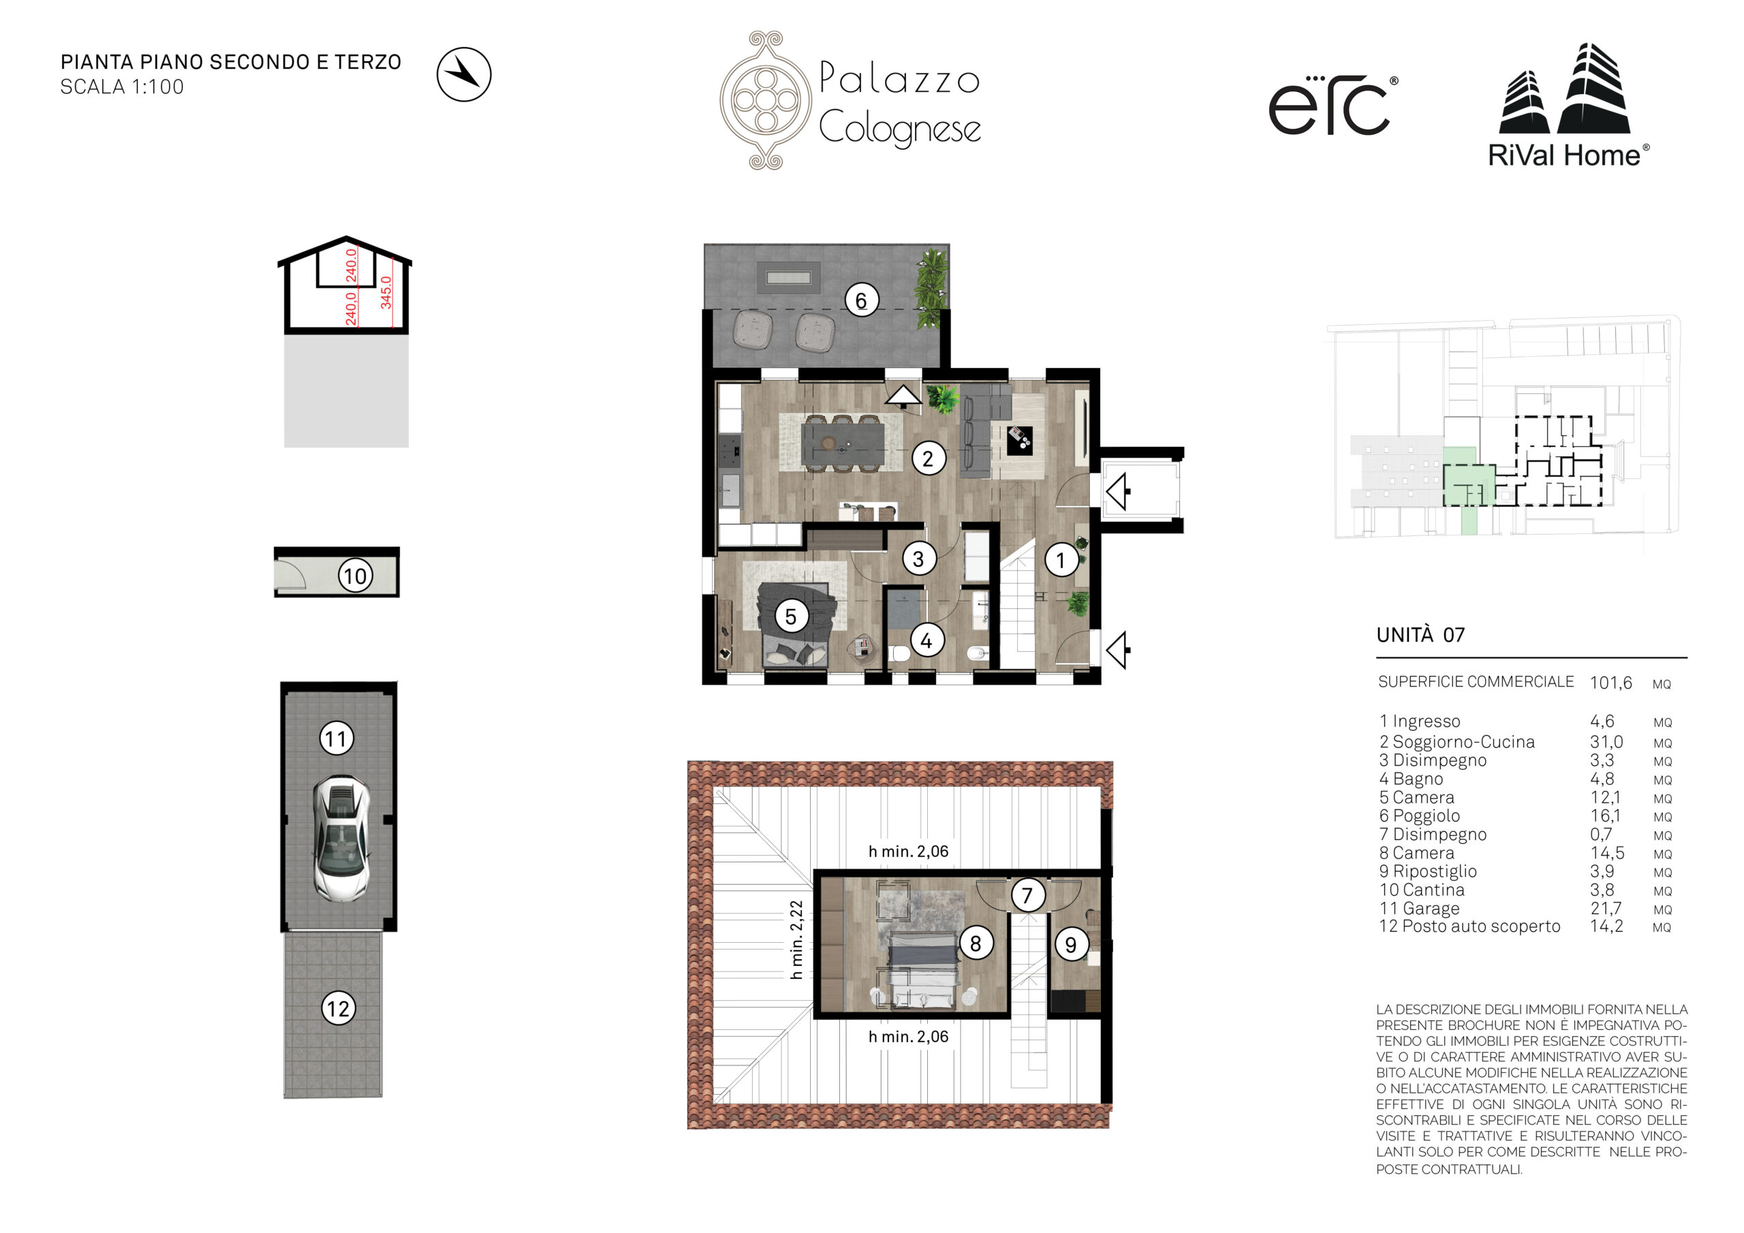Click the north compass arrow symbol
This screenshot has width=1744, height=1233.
(464, 74)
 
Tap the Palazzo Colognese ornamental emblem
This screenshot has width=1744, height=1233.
(766, 100)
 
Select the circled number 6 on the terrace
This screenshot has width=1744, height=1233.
(861, 301)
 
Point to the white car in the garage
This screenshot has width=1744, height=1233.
(343, 839)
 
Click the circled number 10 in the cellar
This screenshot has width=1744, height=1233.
(356, 576)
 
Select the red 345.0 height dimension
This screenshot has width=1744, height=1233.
(386, 292)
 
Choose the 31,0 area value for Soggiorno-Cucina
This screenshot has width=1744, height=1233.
(1606, 741)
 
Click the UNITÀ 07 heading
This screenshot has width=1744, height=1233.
(1420, 634)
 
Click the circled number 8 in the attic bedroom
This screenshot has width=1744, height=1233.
(976, 943)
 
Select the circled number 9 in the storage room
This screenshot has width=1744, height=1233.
(1071, 944)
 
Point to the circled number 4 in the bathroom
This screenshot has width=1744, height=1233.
(926, 640)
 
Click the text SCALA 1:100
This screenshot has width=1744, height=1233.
(123, 87)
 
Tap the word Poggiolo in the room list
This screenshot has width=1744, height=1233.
(1426, 815)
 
